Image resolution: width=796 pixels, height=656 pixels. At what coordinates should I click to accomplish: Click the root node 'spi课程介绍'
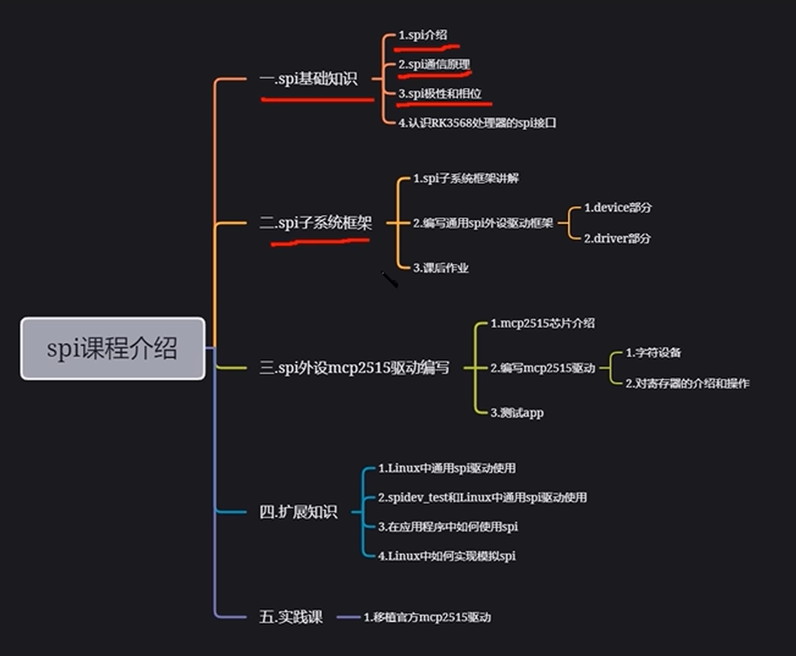[112, 348]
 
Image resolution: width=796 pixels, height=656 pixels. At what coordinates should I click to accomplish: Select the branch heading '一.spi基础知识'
[308, 79]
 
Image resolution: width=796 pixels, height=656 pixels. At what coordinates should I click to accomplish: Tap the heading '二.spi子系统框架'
[316, 222]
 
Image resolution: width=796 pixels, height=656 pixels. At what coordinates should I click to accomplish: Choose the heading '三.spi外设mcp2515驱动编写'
[354, 367]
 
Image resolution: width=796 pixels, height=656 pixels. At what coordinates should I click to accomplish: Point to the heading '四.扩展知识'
[299, 511]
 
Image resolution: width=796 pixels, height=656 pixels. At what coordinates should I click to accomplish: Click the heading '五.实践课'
[291, 617]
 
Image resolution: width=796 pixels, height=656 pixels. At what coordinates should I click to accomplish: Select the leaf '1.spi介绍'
[423, 35]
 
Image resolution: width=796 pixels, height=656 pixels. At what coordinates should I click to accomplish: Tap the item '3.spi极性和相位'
[440, 94]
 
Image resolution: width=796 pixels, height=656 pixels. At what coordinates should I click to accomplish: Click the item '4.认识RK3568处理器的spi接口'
[477, 123]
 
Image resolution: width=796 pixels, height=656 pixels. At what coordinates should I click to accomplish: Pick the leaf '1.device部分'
[618, 208]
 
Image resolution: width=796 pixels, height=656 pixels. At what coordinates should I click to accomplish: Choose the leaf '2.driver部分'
[617, 238]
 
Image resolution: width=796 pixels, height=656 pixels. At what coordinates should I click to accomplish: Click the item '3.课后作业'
[440, 268]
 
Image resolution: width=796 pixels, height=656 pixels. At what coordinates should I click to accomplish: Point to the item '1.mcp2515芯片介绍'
[542, 323]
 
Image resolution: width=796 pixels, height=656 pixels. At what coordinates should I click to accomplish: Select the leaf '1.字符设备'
[654, 352]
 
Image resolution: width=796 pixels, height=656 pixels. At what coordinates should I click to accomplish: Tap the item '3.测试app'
[517, 413]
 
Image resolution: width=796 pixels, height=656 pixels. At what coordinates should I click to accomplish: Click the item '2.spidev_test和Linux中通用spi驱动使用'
[483, 497]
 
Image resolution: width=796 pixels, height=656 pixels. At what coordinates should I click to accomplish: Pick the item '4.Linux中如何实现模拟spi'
[447, 555]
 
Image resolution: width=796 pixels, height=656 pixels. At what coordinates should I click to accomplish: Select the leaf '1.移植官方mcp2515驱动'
[427, 617]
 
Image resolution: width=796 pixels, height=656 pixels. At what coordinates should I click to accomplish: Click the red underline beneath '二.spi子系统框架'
[321, 242]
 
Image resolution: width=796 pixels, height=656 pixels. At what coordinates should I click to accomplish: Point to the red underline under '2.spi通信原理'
[435, 76]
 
